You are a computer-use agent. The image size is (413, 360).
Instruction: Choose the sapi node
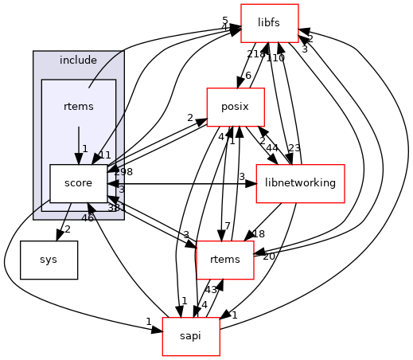tap(191, 336)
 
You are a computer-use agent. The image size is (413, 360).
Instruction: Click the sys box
tap(49, 260)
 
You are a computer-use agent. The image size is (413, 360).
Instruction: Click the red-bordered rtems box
tap(224, 260)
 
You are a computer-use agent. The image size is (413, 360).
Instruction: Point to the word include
tap(78, 61)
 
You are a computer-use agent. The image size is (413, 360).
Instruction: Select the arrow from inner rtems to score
tap(78, 144)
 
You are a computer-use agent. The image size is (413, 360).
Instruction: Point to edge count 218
tap(255, 53)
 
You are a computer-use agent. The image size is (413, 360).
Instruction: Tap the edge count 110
tap(275, 58)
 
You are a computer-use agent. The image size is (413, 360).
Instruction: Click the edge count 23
tap(294, 147)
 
